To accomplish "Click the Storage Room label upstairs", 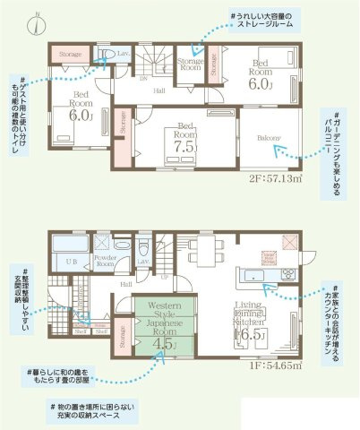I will [x=189, y=63].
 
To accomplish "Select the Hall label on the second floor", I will [x=158, y=90].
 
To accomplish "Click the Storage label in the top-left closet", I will [x=71, y=55].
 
